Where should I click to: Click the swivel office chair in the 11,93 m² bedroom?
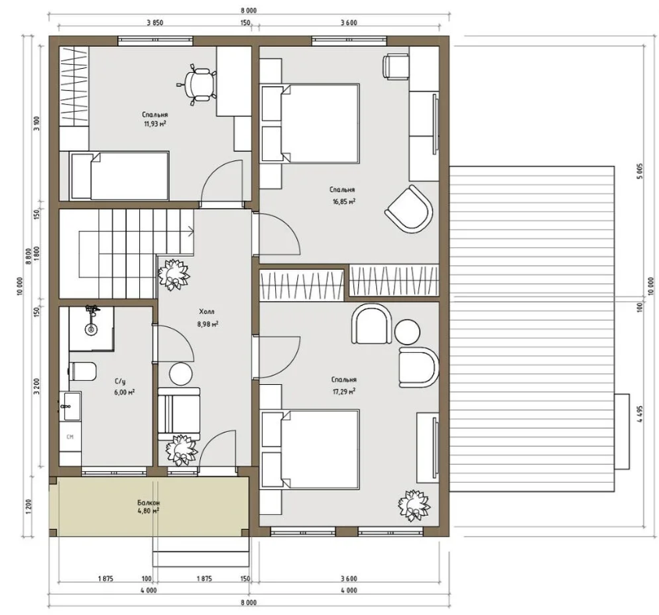197,85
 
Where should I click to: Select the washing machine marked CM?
70,437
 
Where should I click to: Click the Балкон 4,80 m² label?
149,507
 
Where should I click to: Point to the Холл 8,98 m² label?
207,318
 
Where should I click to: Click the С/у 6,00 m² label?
124,387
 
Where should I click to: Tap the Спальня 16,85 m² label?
343,196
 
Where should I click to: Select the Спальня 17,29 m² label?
344,385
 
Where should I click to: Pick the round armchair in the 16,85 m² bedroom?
410,209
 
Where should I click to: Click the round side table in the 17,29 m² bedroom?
407,332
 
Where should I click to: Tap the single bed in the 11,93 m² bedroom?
120,176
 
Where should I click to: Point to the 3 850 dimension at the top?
155,23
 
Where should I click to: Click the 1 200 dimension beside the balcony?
29,507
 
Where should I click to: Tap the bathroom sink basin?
73,406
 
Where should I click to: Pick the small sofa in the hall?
178,413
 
